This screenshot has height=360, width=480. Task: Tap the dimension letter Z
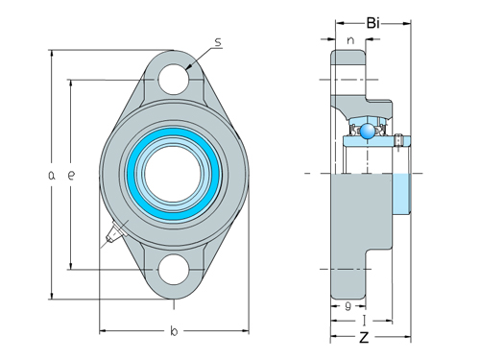(364, 338)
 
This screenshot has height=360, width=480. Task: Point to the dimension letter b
(173, 332)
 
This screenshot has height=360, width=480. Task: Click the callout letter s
(218, 42)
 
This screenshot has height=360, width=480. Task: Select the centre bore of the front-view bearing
(173, 174)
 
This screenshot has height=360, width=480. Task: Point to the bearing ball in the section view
(368, 130)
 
